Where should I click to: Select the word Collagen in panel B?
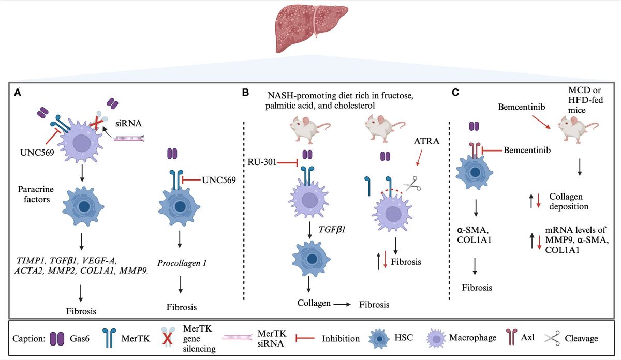[314, 303]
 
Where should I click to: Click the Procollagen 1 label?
[183, 263]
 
